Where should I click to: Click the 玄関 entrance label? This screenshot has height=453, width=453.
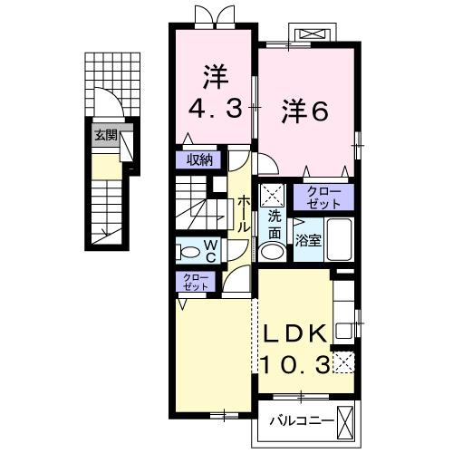click(x=104, y=136)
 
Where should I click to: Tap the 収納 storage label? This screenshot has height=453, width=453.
click(x=199, y=160)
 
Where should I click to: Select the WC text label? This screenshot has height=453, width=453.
click(x=208, y=249)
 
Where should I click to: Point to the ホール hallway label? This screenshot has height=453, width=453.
click(x=245, y=217)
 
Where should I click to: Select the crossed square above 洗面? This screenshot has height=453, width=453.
click(x=273, y=195)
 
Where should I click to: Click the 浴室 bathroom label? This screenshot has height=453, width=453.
click(x=308, y=240)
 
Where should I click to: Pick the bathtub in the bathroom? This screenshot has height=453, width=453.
click(x=337, y=240)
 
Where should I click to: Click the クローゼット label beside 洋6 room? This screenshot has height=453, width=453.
click(x=323, y=198)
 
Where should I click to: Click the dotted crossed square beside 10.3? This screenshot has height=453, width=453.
click(x=342, y=364)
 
